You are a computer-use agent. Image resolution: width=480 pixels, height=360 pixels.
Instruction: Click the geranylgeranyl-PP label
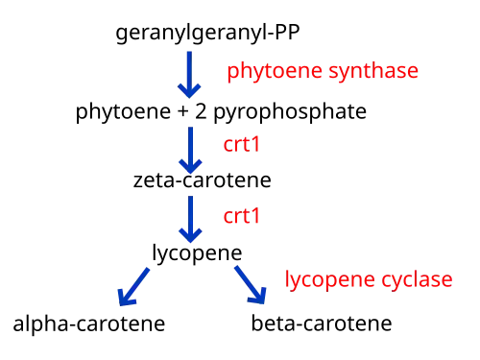click(x=207, y=33)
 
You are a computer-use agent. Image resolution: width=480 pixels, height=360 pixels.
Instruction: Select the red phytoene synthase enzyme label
click(x=323, y=71)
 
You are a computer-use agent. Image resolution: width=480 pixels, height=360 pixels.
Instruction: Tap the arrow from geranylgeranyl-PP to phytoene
click(x=189, y=75)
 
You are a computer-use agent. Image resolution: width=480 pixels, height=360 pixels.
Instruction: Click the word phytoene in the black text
click(x=123, y=112)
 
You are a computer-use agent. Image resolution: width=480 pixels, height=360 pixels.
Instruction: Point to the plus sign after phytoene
click(x=183, y=111)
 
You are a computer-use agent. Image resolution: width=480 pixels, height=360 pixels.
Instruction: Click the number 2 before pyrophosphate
click(x=201, y=111)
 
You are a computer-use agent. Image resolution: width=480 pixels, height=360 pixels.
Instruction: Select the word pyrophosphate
click(x=290, y=112)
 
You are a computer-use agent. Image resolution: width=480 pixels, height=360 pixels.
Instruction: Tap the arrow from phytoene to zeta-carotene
click(x=190, y=151)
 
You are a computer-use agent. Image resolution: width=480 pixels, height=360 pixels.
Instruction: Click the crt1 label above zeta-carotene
click(x=241, y=145)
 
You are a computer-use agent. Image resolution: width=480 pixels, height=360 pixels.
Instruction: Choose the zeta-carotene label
click(x=203, y=180)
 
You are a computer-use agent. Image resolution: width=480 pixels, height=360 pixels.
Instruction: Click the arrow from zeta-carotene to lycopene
click(x=190, y=219)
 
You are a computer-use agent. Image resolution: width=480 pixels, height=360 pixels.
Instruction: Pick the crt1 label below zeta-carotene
click(x=241, y=216)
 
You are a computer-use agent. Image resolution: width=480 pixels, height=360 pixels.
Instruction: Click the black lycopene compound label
click(x=197, y=253)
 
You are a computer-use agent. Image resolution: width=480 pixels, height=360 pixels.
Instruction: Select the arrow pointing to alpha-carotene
click(x=133, y=287)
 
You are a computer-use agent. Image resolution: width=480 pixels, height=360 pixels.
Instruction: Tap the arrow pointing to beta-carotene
click(x=251, y=285)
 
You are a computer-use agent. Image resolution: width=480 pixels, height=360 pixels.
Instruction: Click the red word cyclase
click(x=417, y=279)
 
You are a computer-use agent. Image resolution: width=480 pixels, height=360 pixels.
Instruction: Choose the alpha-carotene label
click(x=89, y=324)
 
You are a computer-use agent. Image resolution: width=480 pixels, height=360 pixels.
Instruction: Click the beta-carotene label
click(x=322, y=324)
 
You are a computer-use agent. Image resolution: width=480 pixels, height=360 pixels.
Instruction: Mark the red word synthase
click(x=373, y=71)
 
